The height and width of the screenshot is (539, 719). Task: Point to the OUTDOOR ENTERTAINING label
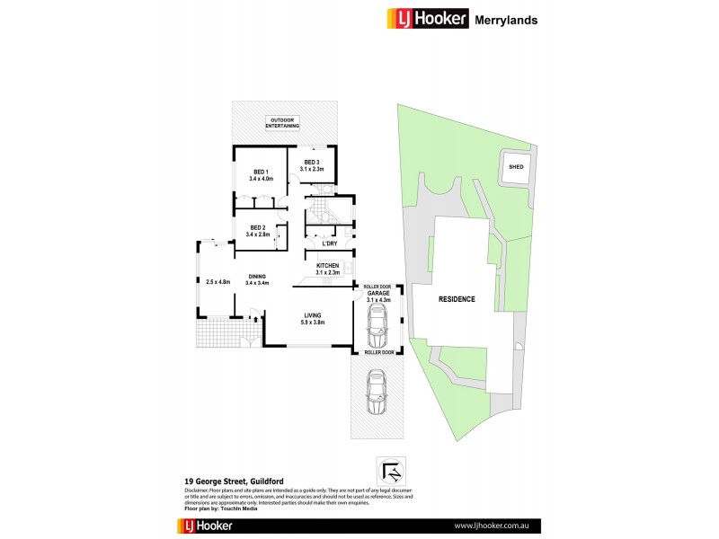point(285,122)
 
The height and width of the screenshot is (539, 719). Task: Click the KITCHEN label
point(328,267)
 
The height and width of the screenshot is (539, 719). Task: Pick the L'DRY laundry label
point(329,243)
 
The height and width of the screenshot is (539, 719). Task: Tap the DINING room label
point(258,277)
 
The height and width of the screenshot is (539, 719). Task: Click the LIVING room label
point(313,315)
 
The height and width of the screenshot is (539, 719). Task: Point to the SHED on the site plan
point(516,167)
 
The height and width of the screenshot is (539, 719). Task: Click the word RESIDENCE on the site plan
point(457,299)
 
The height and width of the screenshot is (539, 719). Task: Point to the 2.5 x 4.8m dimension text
point(218,283)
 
